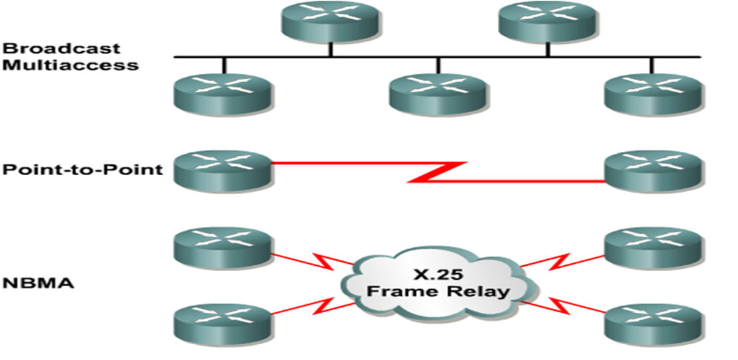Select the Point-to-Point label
(x=82, y=169)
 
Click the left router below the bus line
(x=223, y=93)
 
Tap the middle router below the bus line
(x=438, y=93)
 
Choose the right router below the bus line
(x=652, y=93)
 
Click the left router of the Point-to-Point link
(x=223, y=168)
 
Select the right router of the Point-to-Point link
(x=652, y=168)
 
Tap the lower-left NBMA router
(x=223, y=323)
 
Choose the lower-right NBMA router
(x=652, y=323)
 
